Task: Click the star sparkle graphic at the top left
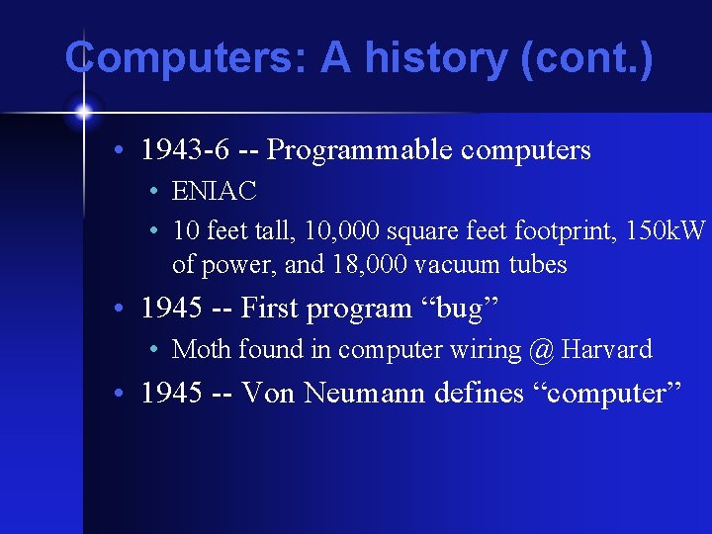click(x=84, y=111)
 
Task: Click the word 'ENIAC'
click(x=214, y=191)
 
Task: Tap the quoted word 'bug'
click(x=460, y=309)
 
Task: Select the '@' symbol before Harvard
click(x=541, y=349)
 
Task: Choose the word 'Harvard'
click(x=606, y=349)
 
